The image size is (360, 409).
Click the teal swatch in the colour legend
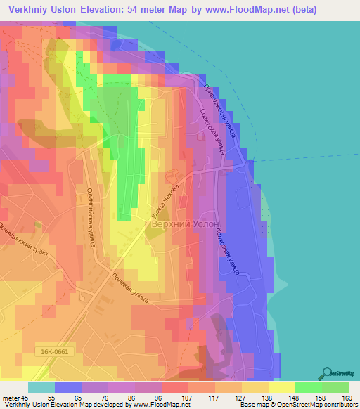tap(41, 387)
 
